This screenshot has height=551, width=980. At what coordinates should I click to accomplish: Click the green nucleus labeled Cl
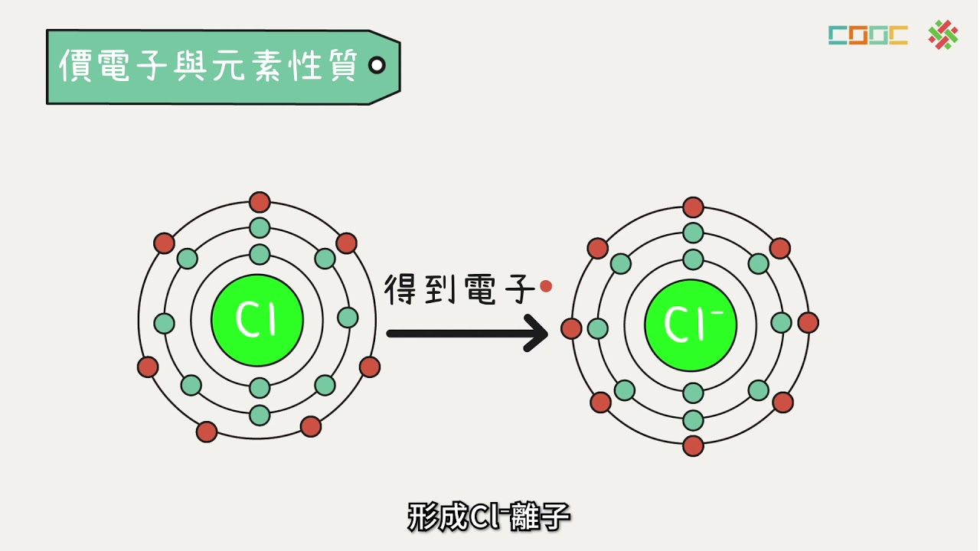point(257,320)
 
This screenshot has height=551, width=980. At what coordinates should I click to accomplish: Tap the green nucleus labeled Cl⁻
point(691,325)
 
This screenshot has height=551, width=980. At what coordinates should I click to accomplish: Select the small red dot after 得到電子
point(546,286)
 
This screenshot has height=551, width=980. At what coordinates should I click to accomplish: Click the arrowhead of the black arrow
point(537,333)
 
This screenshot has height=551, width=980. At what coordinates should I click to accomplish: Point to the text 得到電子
point(459,289)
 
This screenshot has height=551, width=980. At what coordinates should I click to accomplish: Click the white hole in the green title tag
point(377,66)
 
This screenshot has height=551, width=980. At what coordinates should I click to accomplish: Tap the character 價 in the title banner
point(75,65)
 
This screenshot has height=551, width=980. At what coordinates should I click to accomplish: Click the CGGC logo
point(868,35)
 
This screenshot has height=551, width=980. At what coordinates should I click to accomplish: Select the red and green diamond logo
point(943,34)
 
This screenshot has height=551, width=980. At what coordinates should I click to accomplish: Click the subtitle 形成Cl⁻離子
point(488,517)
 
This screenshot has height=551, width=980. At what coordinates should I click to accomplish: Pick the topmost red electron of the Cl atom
point(260,202)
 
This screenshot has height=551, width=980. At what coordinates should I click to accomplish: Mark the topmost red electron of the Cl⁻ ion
point(693,207)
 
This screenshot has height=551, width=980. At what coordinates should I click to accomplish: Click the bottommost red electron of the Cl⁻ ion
point(693,446)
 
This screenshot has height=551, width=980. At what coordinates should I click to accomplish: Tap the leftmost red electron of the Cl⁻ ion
point(571,328)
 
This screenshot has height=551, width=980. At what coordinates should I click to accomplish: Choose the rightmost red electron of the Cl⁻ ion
point(808,323)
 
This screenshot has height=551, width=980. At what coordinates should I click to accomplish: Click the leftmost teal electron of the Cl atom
point(165,324)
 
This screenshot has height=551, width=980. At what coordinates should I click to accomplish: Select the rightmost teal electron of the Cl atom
point(348,318)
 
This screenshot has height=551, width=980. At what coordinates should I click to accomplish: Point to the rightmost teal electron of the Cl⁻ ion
point(781,323)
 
